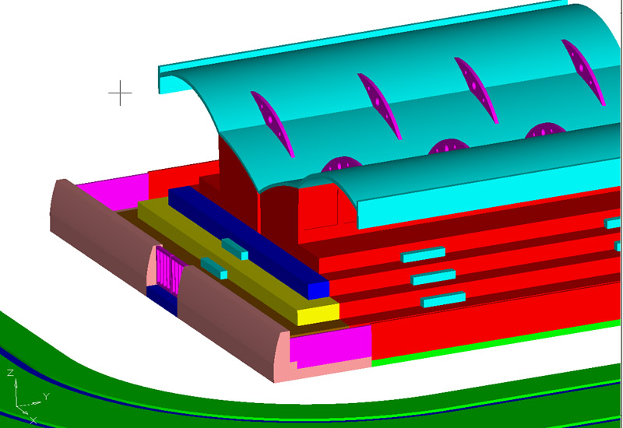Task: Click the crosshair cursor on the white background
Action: (120, 93)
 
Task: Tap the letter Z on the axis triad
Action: (10, 373)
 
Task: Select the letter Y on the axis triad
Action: (46, 396)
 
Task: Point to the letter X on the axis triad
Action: (33, 420)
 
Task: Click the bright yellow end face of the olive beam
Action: (319, 314)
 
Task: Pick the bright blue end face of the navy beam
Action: (319, 290)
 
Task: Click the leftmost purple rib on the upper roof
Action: (273, 124)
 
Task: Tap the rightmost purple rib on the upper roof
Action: (583, 72)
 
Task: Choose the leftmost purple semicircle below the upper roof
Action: (341, 164)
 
